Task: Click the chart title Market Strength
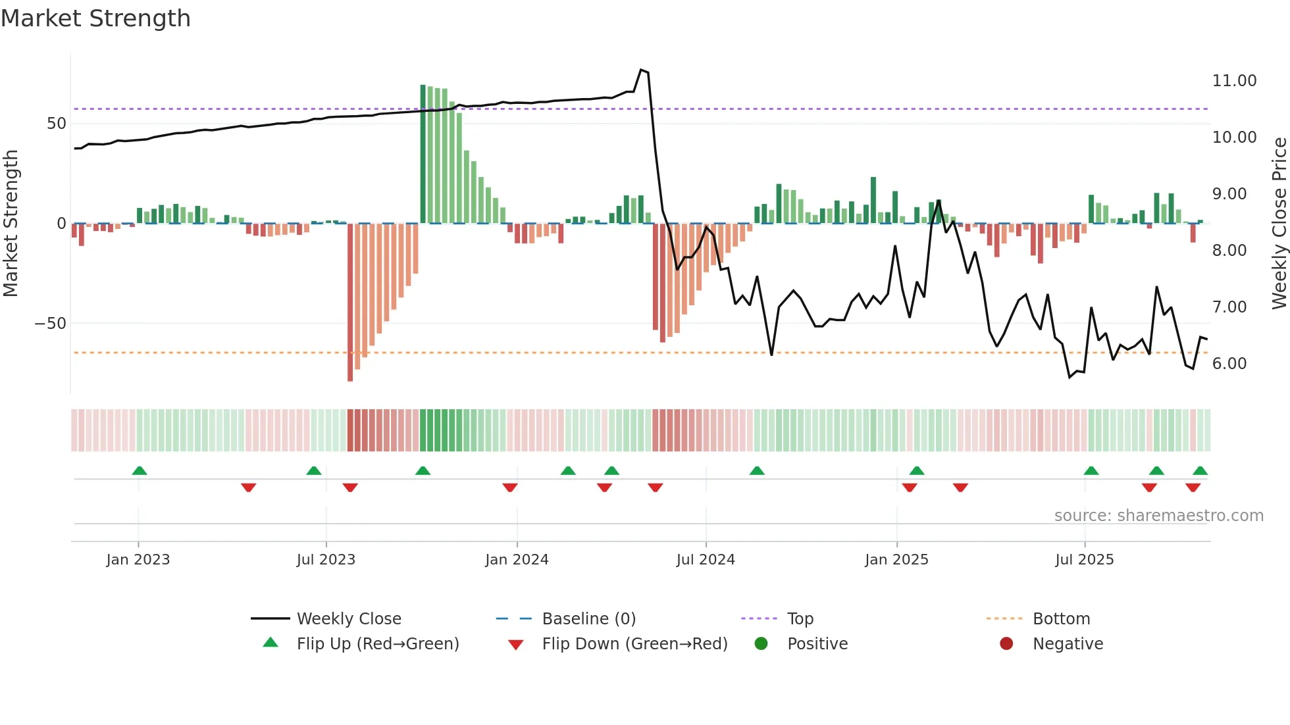point(95,18)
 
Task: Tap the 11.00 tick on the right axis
point(1234,81)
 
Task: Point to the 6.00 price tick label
point(1229,364)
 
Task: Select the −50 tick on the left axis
point(50,324)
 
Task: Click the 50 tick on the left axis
point(57,124)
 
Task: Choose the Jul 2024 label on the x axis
point(706,560)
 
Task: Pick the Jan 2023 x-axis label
point(138,560)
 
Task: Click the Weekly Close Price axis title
point(1279,224)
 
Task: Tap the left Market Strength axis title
point(11,224)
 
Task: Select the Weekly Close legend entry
point(348,619)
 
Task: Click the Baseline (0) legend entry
point(588,619)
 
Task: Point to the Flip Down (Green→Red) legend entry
point(634,644)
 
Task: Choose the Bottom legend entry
point(1061,619)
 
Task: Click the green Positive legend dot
point(761,644)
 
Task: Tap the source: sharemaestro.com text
point(1158,516)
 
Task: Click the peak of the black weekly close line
point(641,70)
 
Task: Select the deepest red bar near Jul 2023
point(350,303)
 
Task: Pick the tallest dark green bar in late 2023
point(423,154)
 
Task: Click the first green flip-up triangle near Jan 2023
point(140,470)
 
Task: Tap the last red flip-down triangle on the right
point(1193,488)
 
